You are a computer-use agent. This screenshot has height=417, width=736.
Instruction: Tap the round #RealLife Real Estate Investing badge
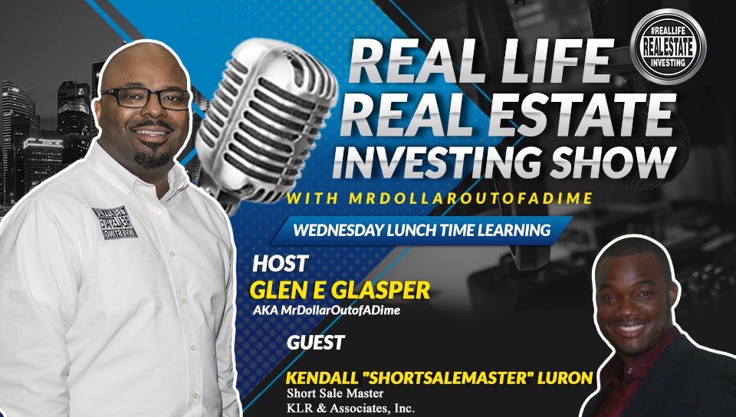pyautogui.click(x=668, y=47)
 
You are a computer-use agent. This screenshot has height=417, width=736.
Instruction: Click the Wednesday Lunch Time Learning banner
pyautogui.click(x=422, y=230)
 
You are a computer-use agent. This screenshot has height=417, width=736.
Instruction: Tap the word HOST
pyautogui.click(x=281, y=264)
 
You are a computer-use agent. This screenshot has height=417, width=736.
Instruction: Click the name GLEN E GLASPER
pyautogui.click(x=340, y=290)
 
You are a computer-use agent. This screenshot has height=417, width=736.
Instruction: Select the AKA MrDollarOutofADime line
pyautogui.click(x=327, y=310)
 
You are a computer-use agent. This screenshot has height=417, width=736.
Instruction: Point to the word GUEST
pyautogui.click(x=316, y=343)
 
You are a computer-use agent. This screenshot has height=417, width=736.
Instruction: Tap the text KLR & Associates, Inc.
pyautogui.click(x=350, y=408)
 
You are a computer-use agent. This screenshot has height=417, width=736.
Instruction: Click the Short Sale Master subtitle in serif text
pyautogui.click(x=335, y=392)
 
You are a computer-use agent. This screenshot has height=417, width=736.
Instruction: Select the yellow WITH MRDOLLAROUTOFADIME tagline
pyautogui.click(x=439, y=198)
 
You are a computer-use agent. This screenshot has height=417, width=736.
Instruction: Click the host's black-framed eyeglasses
pyautogui.click(x=146, y=97)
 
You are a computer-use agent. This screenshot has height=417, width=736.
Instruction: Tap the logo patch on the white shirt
pyautogui.click(x=114, y=222)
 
